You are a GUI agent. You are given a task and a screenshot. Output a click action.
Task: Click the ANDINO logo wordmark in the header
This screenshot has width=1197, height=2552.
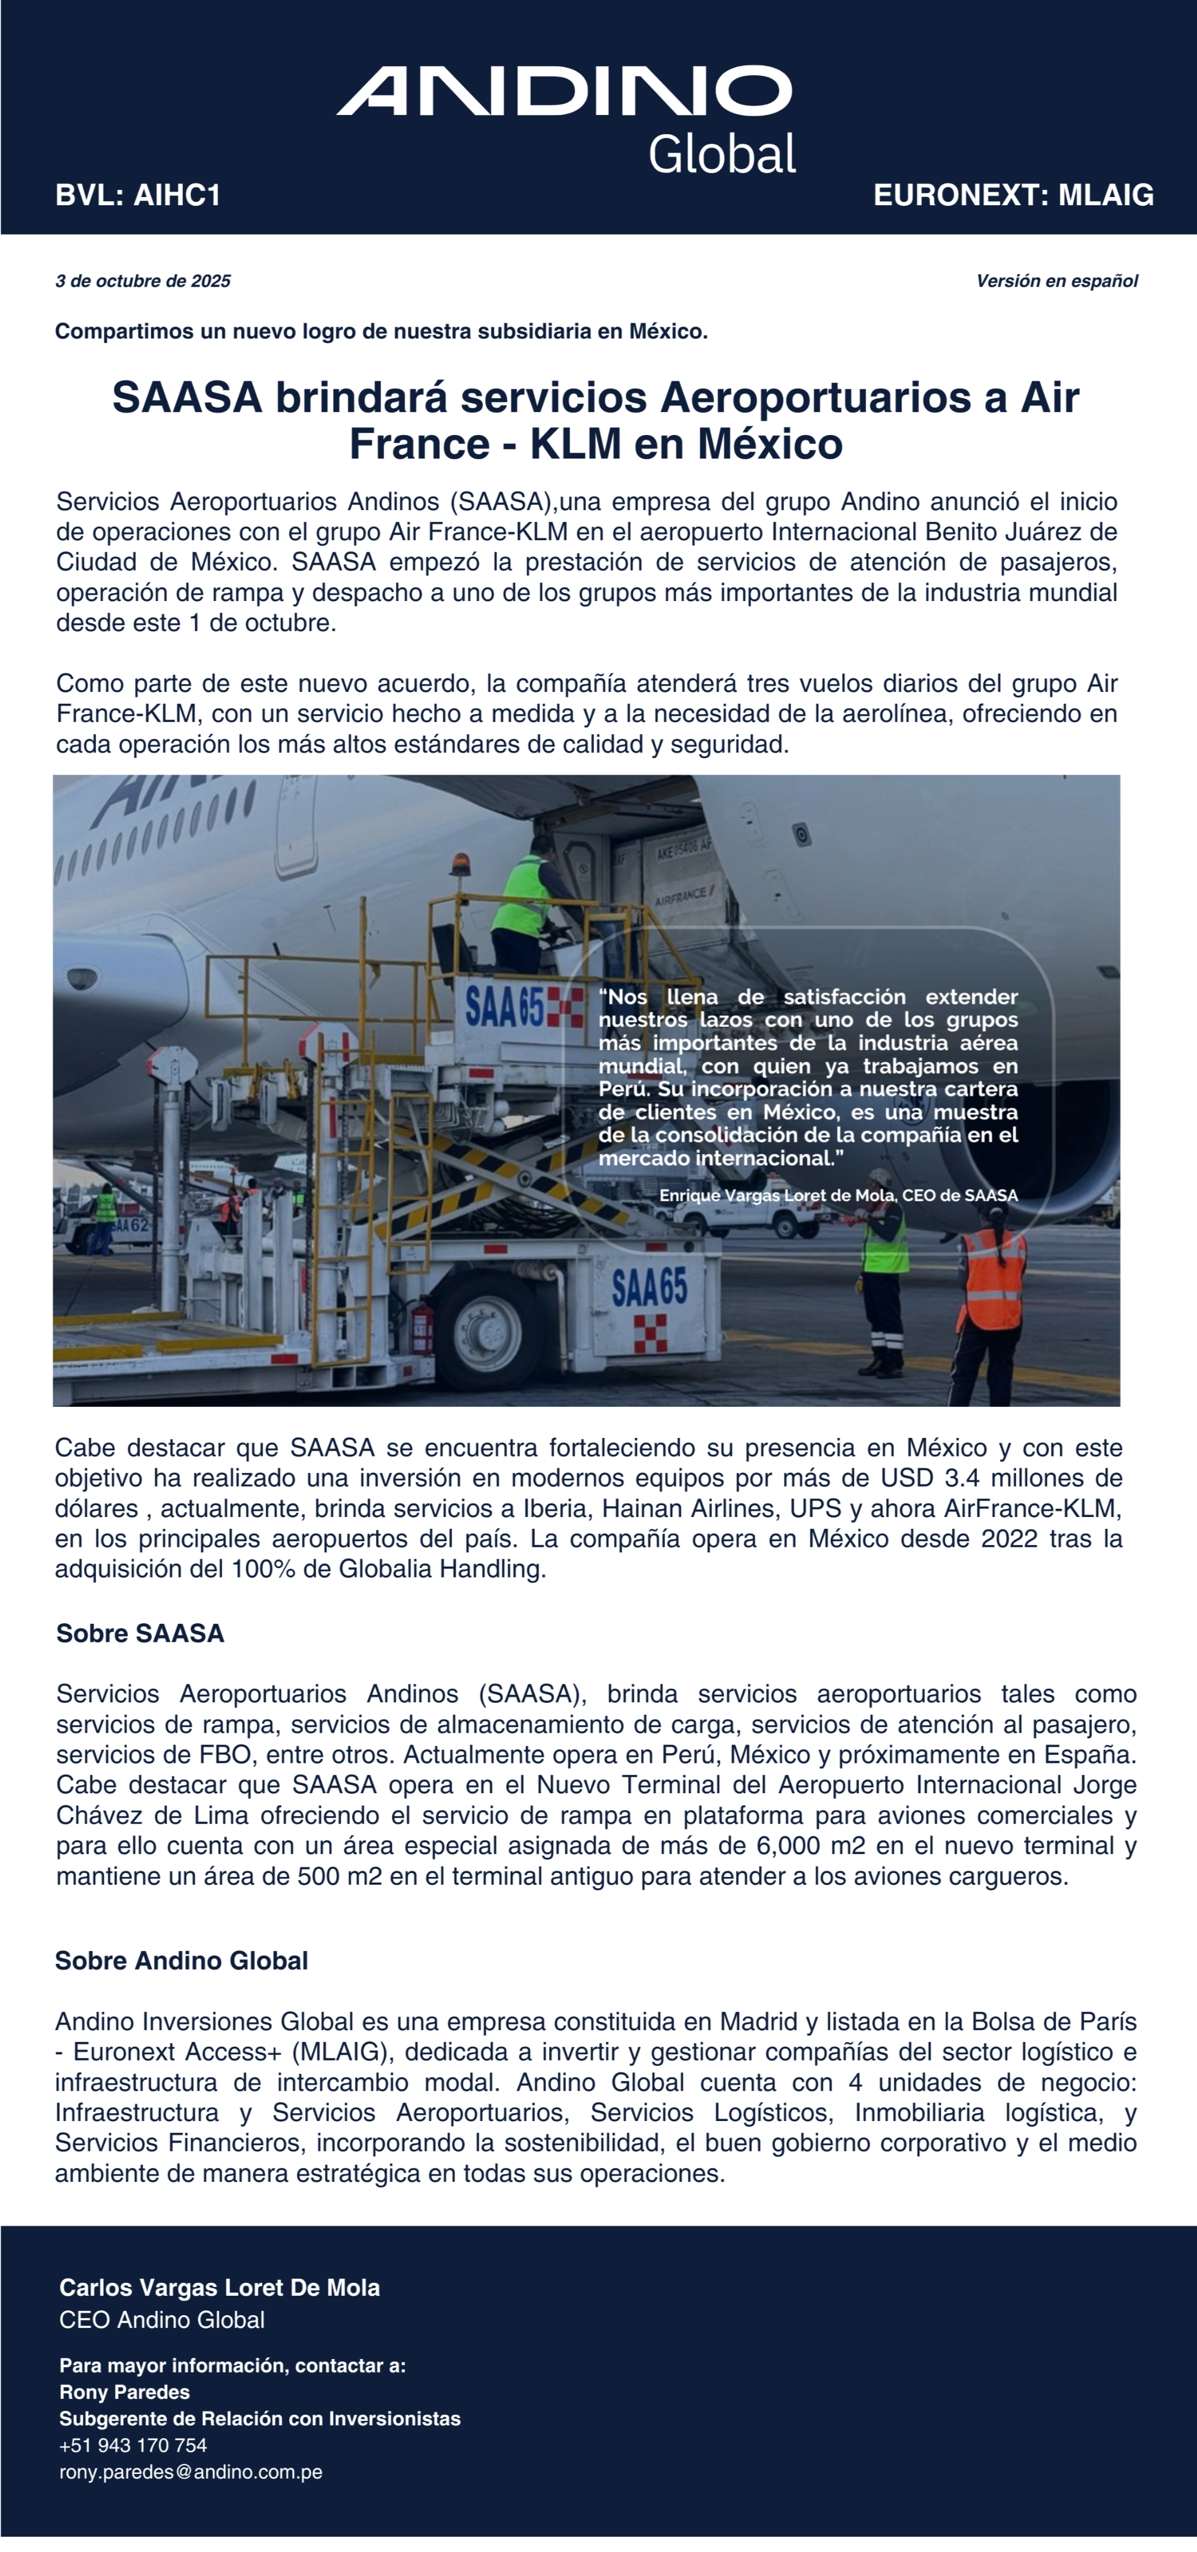(x=564, y=91)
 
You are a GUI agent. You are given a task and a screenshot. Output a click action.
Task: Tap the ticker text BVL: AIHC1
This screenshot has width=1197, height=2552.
(x=138, y=195)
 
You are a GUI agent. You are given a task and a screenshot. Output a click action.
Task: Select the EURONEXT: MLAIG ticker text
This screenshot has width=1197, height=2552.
(x=1013, y=195)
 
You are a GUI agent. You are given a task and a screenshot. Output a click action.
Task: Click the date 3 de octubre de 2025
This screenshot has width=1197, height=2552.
(x=143, y=281)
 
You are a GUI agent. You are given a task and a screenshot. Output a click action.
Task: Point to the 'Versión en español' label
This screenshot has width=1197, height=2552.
(x=1056, y=281)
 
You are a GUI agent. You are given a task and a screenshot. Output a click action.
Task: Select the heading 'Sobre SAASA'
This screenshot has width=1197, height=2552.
(x=140, y=1634)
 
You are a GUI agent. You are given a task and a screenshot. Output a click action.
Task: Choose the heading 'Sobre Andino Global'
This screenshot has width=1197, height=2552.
(x=181, y=1960)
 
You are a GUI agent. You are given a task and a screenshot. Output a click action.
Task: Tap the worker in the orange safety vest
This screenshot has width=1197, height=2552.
(x=992, y=1273)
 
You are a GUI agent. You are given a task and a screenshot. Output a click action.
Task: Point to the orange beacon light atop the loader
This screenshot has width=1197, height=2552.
(x=461, y=864)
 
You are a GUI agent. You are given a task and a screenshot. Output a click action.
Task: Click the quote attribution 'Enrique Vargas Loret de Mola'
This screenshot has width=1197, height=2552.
(x=777, y=1196)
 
